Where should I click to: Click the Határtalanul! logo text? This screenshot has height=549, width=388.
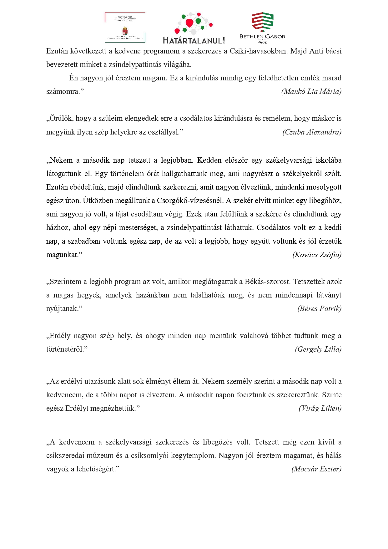tap(194, 40)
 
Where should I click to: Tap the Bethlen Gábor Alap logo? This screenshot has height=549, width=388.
tap(262, 28)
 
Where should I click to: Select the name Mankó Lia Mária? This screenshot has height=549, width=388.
tap(311, 91)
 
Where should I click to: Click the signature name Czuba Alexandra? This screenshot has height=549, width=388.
tap(312, 132)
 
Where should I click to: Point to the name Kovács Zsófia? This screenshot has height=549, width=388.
tap(317, 255)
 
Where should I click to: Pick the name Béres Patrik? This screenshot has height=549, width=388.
tap(320, 308)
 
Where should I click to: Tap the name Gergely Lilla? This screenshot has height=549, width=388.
tap(318, 349)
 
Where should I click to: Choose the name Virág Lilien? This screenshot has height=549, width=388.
tap(320, 408)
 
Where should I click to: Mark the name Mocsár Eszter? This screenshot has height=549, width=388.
tap(316, 469)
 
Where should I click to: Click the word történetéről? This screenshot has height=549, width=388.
tap(66, 349)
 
